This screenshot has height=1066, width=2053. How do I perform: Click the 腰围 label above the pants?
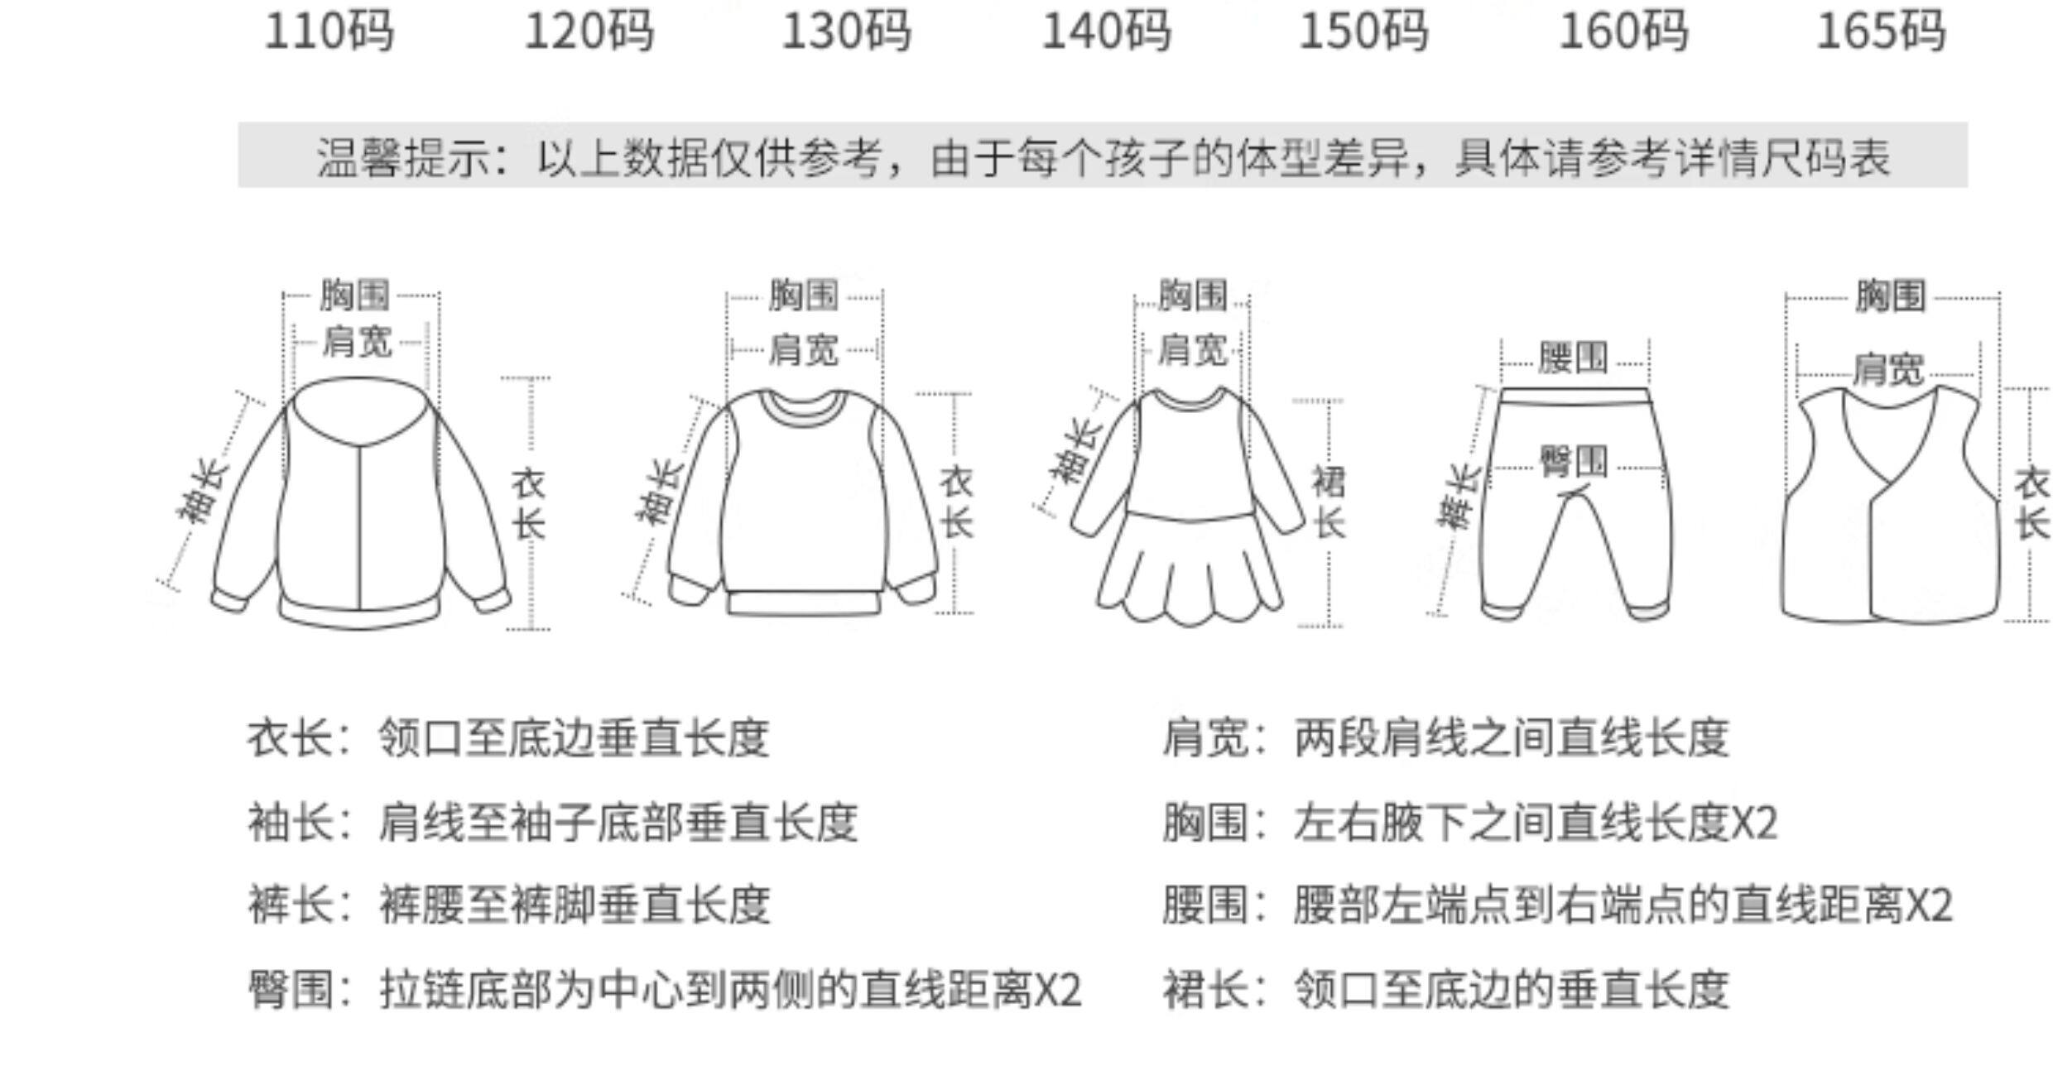[1573, 358]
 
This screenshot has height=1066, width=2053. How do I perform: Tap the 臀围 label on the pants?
[1574, 461]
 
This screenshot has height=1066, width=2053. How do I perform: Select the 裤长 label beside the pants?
[1459, 497]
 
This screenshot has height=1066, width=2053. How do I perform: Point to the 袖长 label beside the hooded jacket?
[202, 492]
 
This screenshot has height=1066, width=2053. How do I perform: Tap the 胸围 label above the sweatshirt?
[803, 295]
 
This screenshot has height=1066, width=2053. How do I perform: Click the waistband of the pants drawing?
[1575, 396]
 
